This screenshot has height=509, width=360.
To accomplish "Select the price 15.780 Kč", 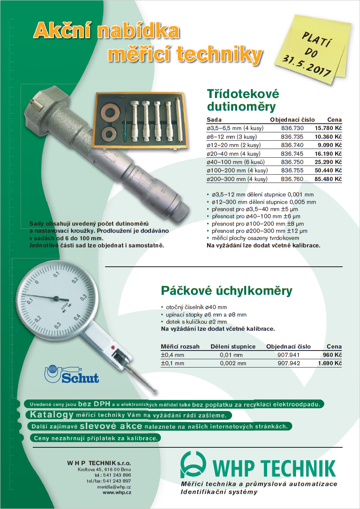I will (x=328, y=128).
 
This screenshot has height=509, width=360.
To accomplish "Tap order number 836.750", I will (x=292, y=162).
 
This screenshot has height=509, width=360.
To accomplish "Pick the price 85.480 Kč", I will (x=328, y=179).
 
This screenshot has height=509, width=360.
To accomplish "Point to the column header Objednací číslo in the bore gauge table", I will (x=292, y=120).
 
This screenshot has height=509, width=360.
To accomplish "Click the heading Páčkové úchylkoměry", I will (x=226, y=291).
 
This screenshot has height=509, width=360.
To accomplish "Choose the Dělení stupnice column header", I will (x=233, y=347).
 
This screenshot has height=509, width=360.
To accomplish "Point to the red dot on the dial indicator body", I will (x=113, y=347).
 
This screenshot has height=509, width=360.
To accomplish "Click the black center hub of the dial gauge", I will (x=56, y=299).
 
